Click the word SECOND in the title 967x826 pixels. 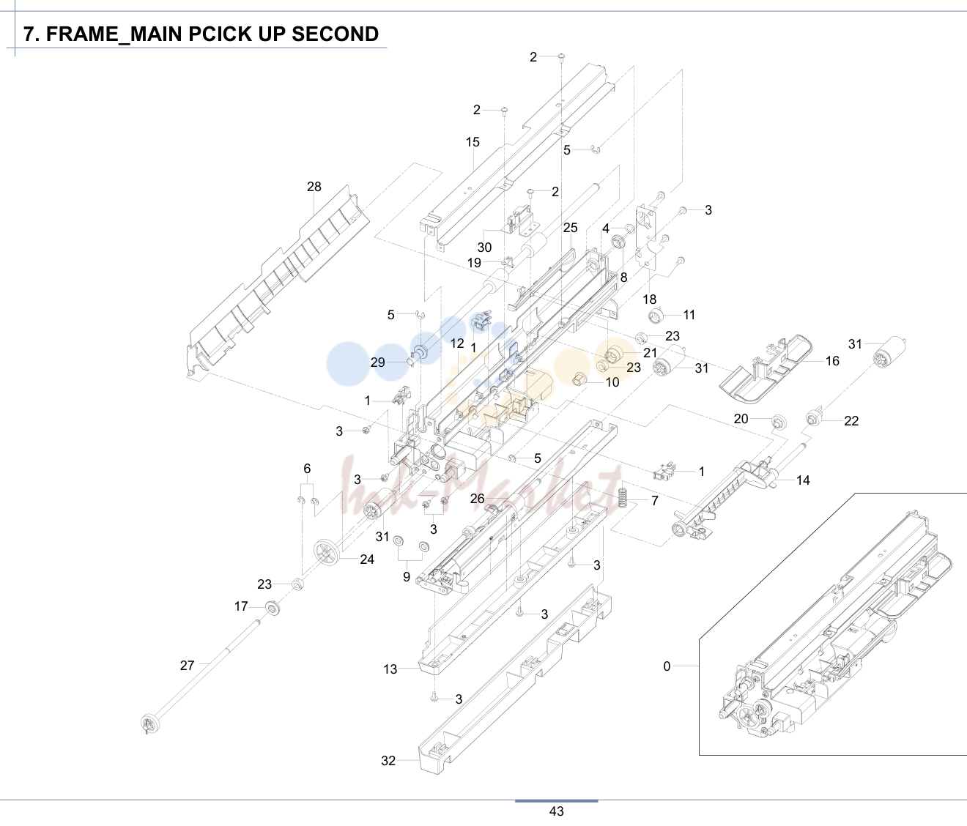point(335,34)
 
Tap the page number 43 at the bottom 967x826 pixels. point(556,811)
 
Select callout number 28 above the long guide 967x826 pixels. point(314,187)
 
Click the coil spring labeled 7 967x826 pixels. point(623,497)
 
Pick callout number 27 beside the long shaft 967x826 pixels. point(187,665)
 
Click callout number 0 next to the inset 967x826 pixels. point(667,666)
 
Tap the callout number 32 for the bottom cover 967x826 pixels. point(388,761)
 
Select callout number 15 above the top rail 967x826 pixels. point(473,142)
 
